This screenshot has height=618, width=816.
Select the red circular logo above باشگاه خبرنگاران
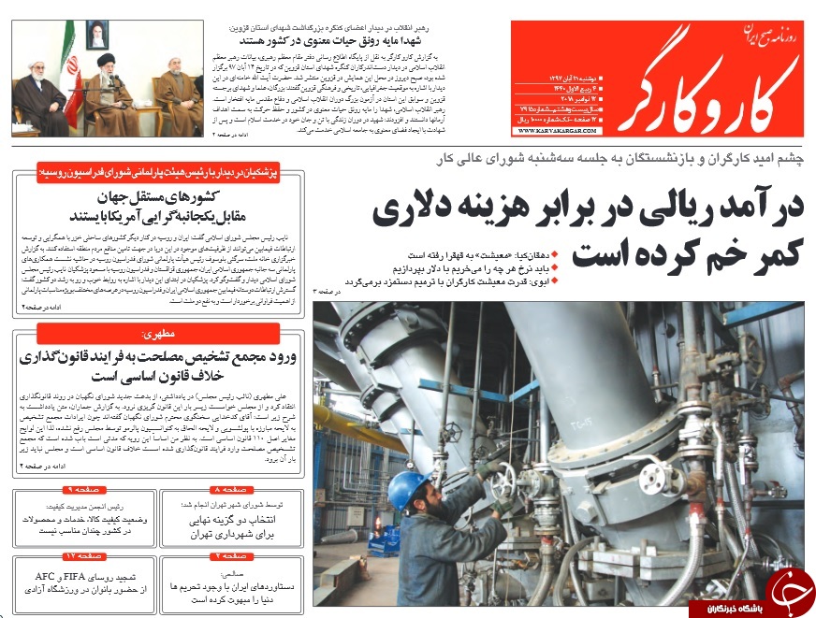(x=789, y=589)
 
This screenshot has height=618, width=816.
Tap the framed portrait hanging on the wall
(x=96, y=36)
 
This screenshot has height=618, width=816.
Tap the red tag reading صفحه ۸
(x=229, y=490)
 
